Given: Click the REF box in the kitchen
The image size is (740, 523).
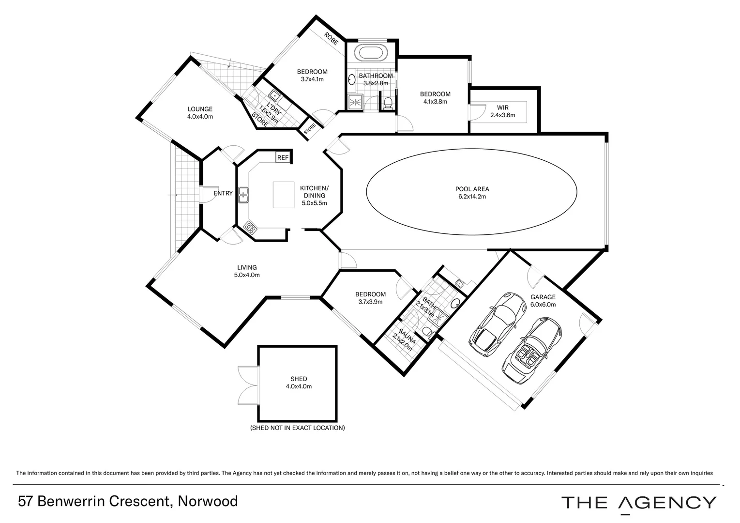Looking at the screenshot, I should [283, 157].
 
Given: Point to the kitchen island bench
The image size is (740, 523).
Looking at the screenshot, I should [284, 195].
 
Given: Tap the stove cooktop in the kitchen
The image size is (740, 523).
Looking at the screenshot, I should [250, 227].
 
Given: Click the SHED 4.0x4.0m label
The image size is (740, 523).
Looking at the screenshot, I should [299, 383].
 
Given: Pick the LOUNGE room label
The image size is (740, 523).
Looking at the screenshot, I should [200, 113].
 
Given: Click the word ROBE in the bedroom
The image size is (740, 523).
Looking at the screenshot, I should [331, 39].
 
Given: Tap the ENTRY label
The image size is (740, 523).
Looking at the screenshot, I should [223, 193].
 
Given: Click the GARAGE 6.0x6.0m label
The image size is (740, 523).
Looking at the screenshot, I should [543, 301].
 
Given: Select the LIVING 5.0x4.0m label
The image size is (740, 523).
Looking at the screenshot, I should [247, 271].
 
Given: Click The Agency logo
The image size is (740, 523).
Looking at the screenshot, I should [638, 503].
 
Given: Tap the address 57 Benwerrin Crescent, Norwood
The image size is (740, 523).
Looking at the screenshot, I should [128, 501].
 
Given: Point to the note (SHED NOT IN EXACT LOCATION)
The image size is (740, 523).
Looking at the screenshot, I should [297, 428].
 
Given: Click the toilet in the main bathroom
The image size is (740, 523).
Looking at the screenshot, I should [387, 103].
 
